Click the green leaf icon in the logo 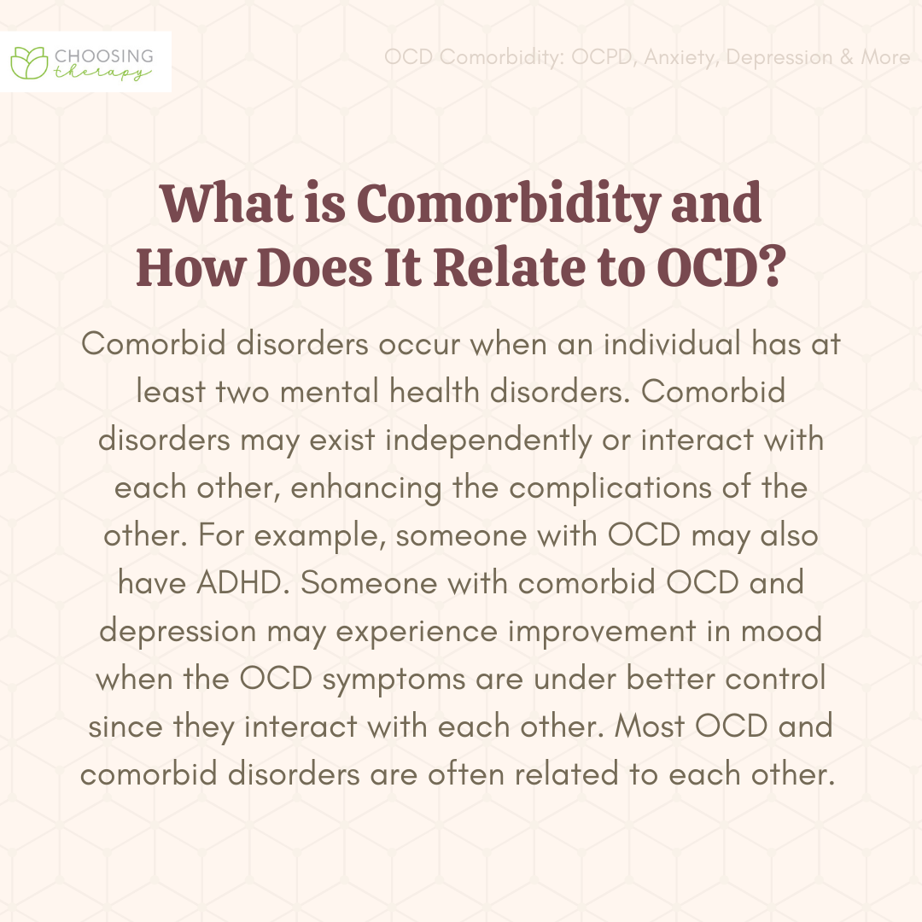coord(29,63)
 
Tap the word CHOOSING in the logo coord(104,56)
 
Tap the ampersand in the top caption coord(847,57)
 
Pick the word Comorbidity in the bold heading coord(509,206)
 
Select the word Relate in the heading coord(509,267)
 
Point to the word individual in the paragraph coord(672,343)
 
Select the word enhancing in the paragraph coord(365,488)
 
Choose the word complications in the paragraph coord(610,488)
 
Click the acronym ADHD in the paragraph coord(243,583)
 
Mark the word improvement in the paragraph coord(602,632)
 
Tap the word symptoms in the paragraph coord(394,680)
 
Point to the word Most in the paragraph coord(650,727)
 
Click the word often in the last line coord(466,773)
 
